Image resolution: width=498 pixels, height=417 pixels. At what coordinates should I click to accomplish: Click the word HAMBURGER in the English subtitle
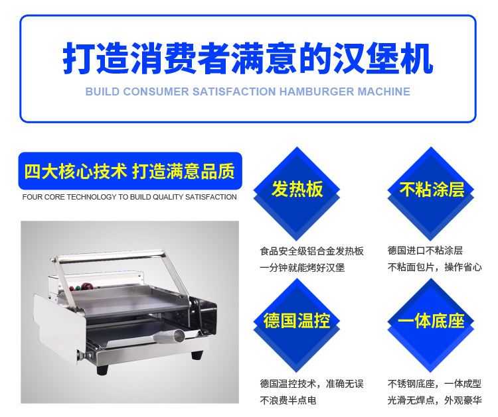coord(316,91)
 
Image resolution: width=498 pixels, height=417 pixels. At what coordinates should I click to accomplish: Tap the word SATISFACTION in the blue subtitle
coord(234,91)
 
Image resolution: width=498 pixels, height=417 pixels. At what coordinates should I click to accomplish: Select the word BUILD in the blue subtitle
coord(102,91)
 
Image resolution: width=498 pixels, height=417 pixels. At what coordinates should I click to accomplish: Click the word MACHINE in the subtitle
coord(384,91)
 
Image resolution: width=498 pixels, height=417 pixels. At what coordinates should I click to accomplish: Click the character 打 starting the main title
coord(80,58)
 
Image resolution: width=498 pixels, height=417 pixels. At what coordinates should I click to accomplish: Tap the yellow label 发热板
coord(297,190)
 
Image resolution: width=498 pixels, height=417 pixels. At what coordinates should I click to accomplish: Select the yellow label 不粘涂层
coord(432,190)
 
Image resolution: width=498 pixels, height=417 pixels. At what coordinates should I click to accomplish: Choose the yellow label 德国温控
coord(297,321)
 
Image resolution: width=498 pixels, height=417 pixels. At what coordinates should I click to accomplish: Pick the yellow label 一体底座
coord(431,321)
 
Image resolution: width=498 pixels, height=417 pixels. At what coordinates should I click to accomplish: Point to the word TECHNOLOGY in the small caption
coord(92,197)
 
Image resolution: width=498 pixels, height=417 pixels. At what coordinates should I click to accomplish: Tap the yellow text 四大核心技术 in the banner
coord(76,171)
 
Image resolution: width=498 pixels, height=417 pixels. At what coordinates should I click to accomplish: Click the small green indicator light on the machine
coord(78,288)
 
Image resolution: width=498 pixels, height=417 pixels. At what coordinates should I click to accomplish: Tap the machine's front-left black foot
coord(102,369)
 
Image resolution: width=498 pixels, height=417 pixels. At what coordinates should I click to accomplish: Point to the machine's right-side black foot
coord(197,355)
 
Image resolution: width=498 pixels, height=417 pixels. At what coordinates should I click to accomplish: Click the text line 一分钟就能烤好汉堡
coord(302,268)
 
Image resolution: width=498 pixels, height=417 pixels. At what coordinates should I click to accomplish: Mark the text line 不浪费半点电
coord(288,400)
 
